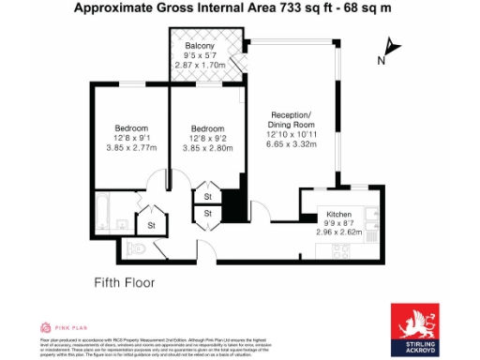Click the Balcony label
pyautogui.click(x=199, y=46)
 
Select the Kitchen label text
pyautogui.click(x=338, y=216)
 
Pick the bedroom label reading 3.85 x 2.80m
pyautogui.click(x=206, y=148)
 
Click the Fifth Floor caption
pyautogui.click(x=124, y=282)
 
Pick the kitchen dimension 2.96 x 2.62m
pyautogui.click(x=338, y=232)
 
